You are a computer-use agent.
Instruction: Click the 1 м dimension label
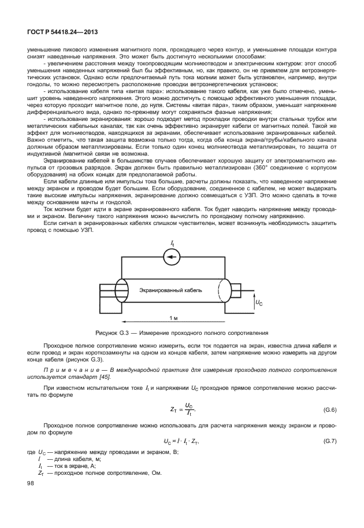173,319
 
